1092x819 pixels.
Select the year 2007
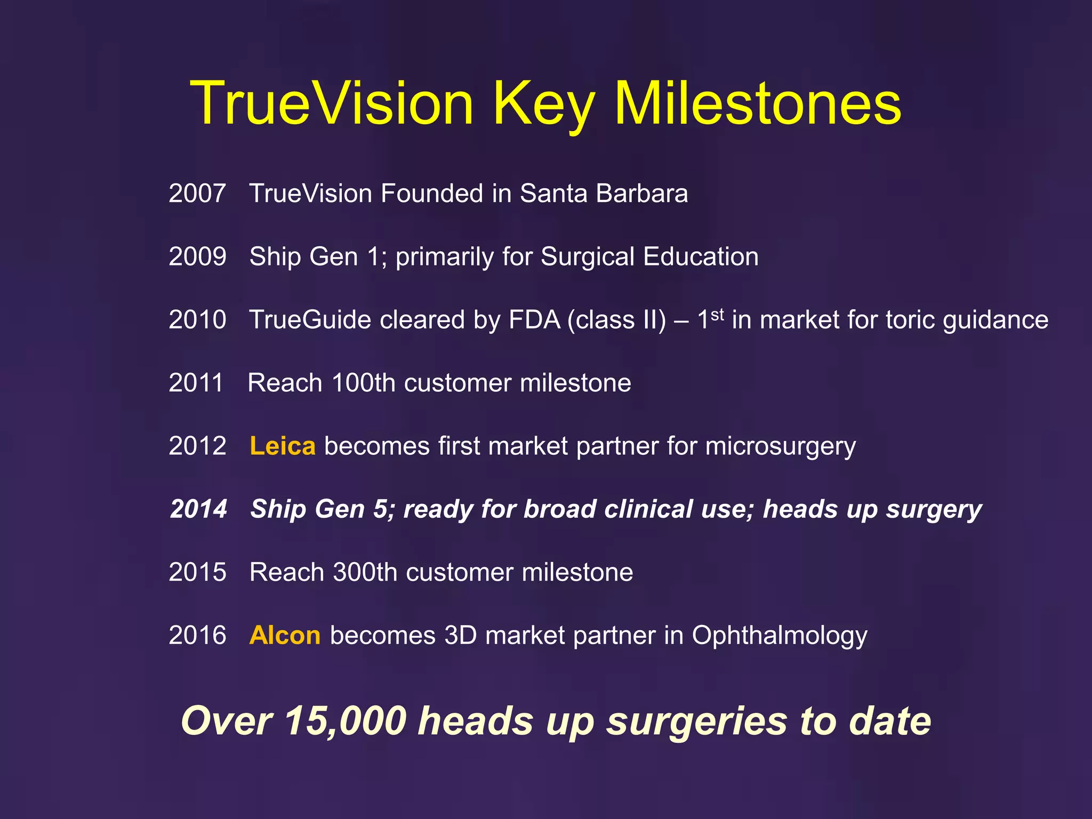tap(197, 193)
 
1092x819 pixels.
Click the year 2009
tap(197, 256)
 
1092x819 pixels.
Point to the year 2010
tap(197, 320)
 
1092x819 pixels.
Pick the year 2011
tap(196, 383)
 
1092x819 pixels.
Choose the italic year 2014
tap(198, 509)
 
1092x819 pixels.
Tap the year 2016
tap(197, 636)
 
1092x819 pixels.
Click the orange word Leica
tap(282, 446)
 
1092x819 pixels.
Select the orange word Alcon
tap(285, 636)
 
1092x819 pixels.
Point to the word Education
tap(701, 256)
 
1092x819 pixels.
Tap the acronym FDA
tap(534, 320)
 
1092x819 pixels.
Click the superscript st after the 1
tap(717, 314)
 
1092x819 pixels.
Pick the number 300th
tap(365, 572)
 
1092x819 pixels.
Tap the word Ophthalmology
tap(779, 636)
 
